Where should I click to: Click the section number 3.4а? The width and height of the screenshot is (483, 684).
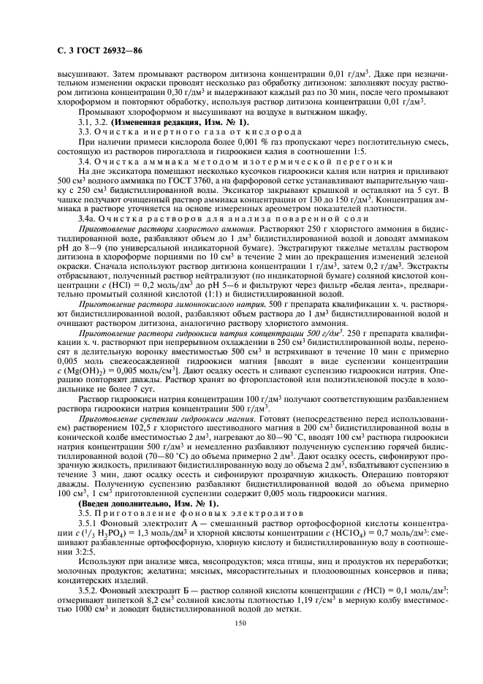pos(88,218)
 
